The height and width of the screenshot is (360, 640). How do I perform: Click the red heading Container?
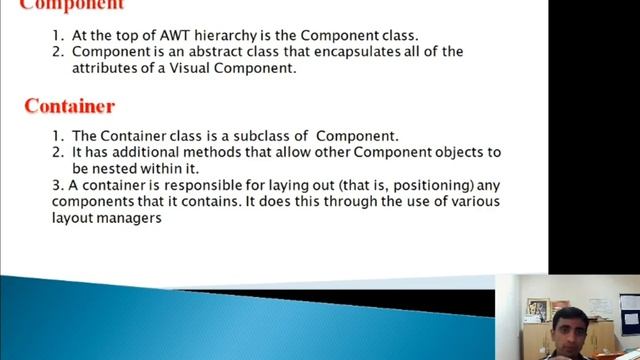69,106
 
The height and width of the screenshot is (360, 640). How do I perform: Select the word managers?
129,217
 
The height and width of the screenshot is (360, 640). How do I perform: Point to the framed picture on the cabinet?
537,308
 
